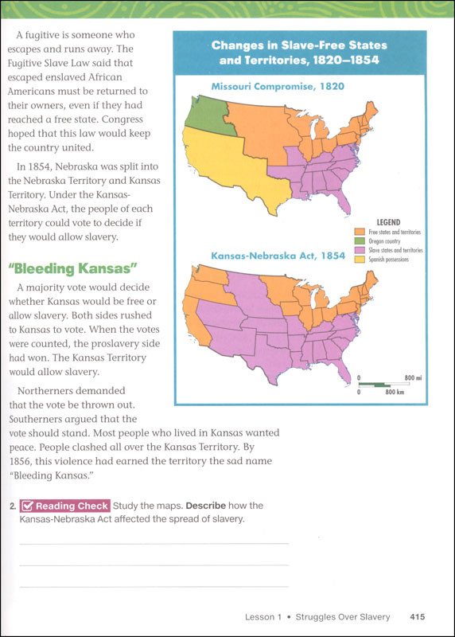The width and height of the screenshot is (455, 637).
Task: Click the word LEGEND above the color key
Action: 387,222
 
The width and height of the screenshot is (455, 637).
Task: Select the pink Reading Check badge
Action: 64,506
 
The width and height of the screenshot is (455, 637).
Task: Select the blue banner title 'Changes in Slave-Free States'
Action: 294,46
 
